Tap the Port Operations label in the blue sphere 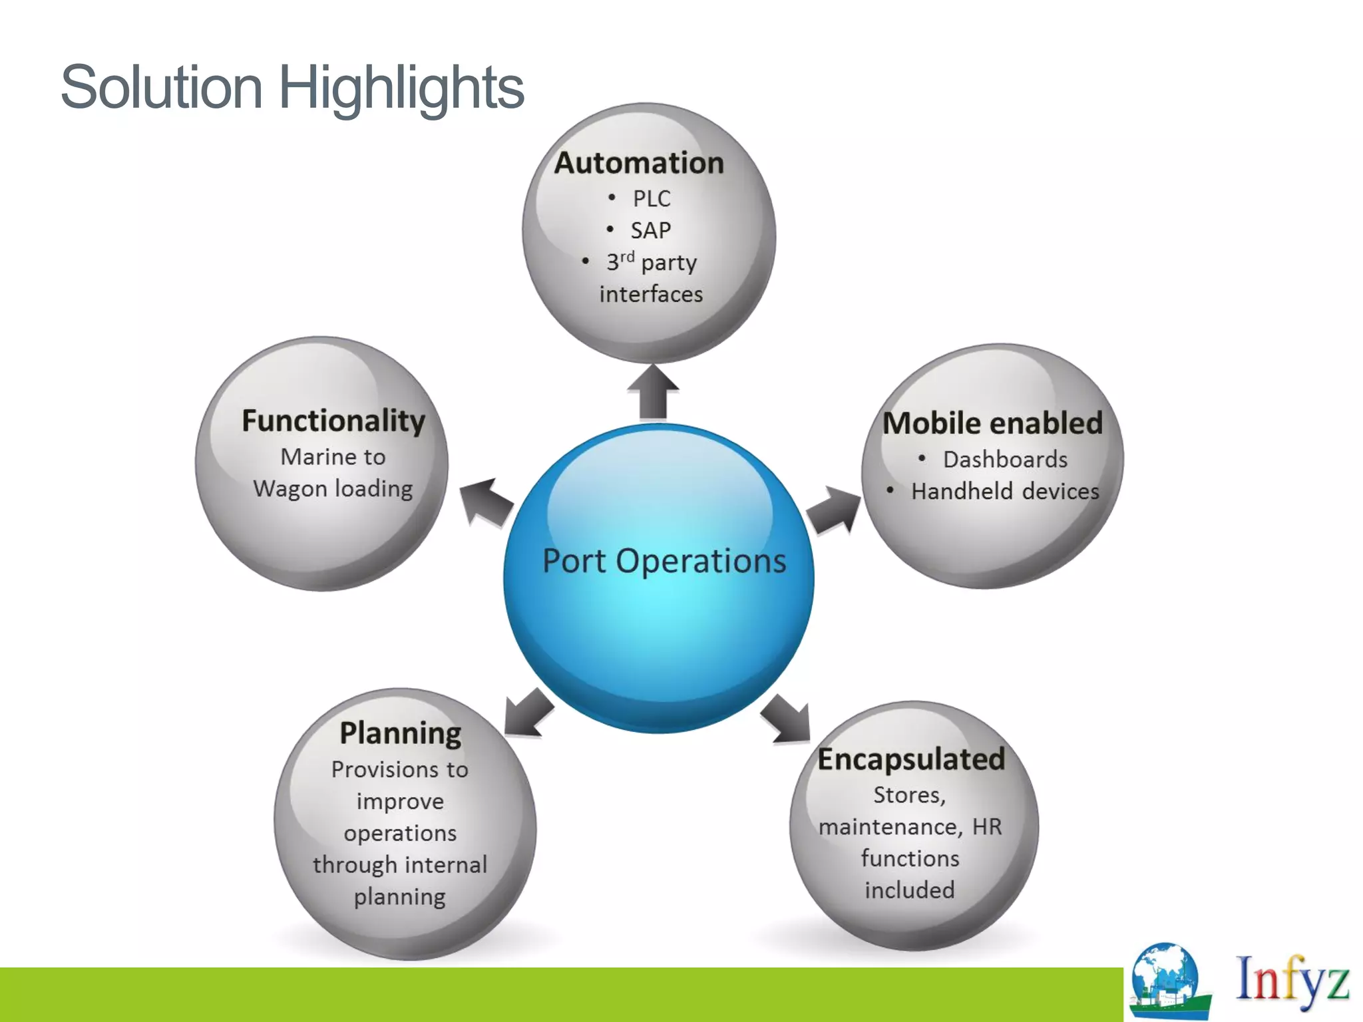tap(664, 561)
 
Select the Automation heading tap(639, 163)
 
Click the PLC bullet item tap(651, 198)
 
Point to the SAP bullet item tap(650, 230)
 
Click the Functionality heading tap(333, 421)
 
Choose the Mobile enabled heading tap(992, 423)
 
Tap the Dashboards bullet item tap(1004, 459)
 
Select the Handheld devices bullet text tap(1005, 491)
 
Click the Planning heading tap(401, 733)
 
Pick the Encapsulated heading tap(911, 759)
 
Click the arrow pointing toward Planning tap(528, 714)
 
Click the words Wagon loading tap(333, 489)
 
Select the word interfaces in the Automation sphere tap(651, 294)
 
